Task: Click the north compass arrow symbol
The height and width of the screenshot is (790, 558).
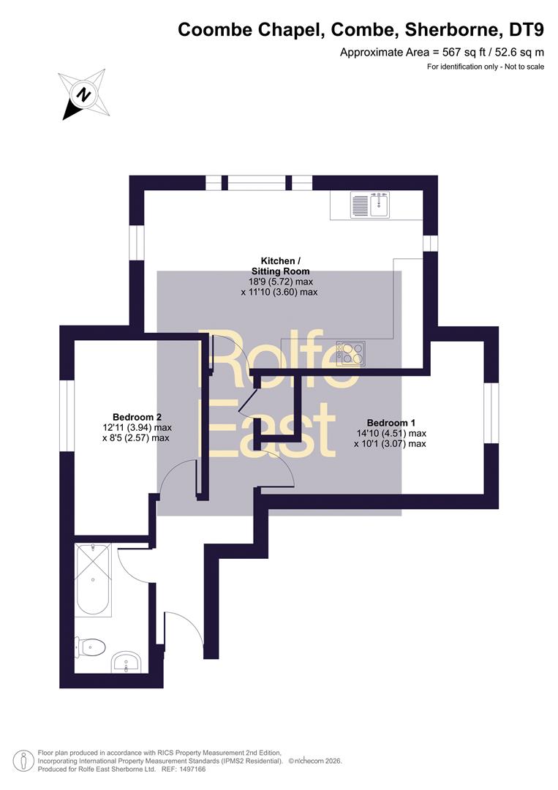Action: [x=84, y=94]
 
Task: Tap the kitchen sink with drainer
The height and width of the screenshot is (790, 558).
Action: [x=370, y=205]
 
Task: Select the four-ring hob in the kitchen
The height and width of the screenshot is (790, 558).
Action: [x=350, y=353]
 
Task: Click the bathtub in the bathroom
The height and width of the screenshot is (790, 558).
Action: [x=93, y=579]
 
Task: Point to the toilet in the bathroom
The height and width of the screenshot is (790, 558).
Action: [x=90, y=647]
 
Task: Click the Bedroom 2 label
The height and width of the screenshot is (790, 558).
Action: [x=137, y=417]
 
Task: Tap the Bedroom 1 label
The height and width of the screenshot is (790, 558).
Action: [x=391, y=423]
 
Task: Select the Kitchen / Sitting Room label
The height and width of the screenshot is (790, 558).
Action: [x=281, y=266]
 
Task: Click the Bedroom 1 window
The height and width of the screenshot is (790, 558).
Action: [x=491, y=413]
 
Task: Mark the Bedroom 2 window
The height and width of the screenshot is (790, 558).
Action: [x=67, y=415]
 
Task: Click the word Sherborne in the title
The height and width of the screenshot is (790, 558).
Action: [x=453, y=30]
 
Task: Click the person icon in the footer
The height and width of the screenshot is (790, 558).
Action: [x=23, y=761]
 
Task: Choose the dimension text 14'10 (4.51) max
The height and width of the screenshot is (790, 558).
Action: [x=391, y=433]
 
